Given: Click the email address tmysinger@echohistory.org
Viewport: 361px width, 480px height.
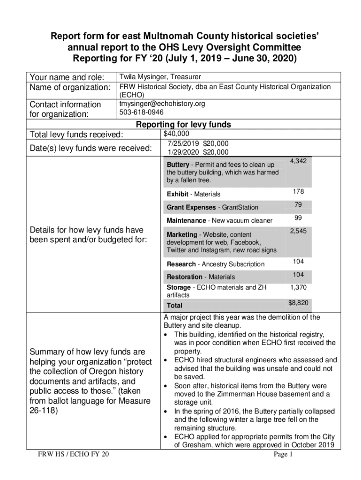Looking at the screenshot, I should point(162,104).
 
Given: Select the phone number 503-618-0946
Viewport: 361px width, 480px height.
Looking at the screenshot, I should point(142,112).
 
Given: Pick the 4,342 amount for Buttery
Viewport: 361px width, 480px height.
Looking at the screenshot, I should point(298,161).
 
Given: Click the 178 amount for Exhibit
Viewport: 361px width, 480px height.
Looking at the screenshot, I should point(299,191).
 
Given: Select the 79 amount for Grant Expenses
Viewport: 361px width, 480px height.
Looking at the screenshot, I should point(298,204).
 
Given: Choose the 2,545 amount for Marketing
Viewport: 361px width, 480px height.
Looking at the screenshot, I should point(298,231).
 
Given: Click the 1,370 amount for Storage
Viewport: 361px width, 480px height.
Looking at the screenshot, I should point(298,287).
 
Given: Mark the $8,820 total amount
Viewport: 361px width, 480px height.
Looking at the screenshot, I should point(298,303).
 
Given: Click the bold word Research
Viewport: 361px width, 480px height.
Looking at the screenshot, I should point(181,264).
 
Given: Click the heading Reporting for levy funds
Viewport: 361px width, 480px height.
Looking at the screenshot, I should point(183,125).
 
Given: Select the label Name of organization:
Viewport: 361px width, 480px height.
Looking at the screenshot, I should point(69,88).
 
